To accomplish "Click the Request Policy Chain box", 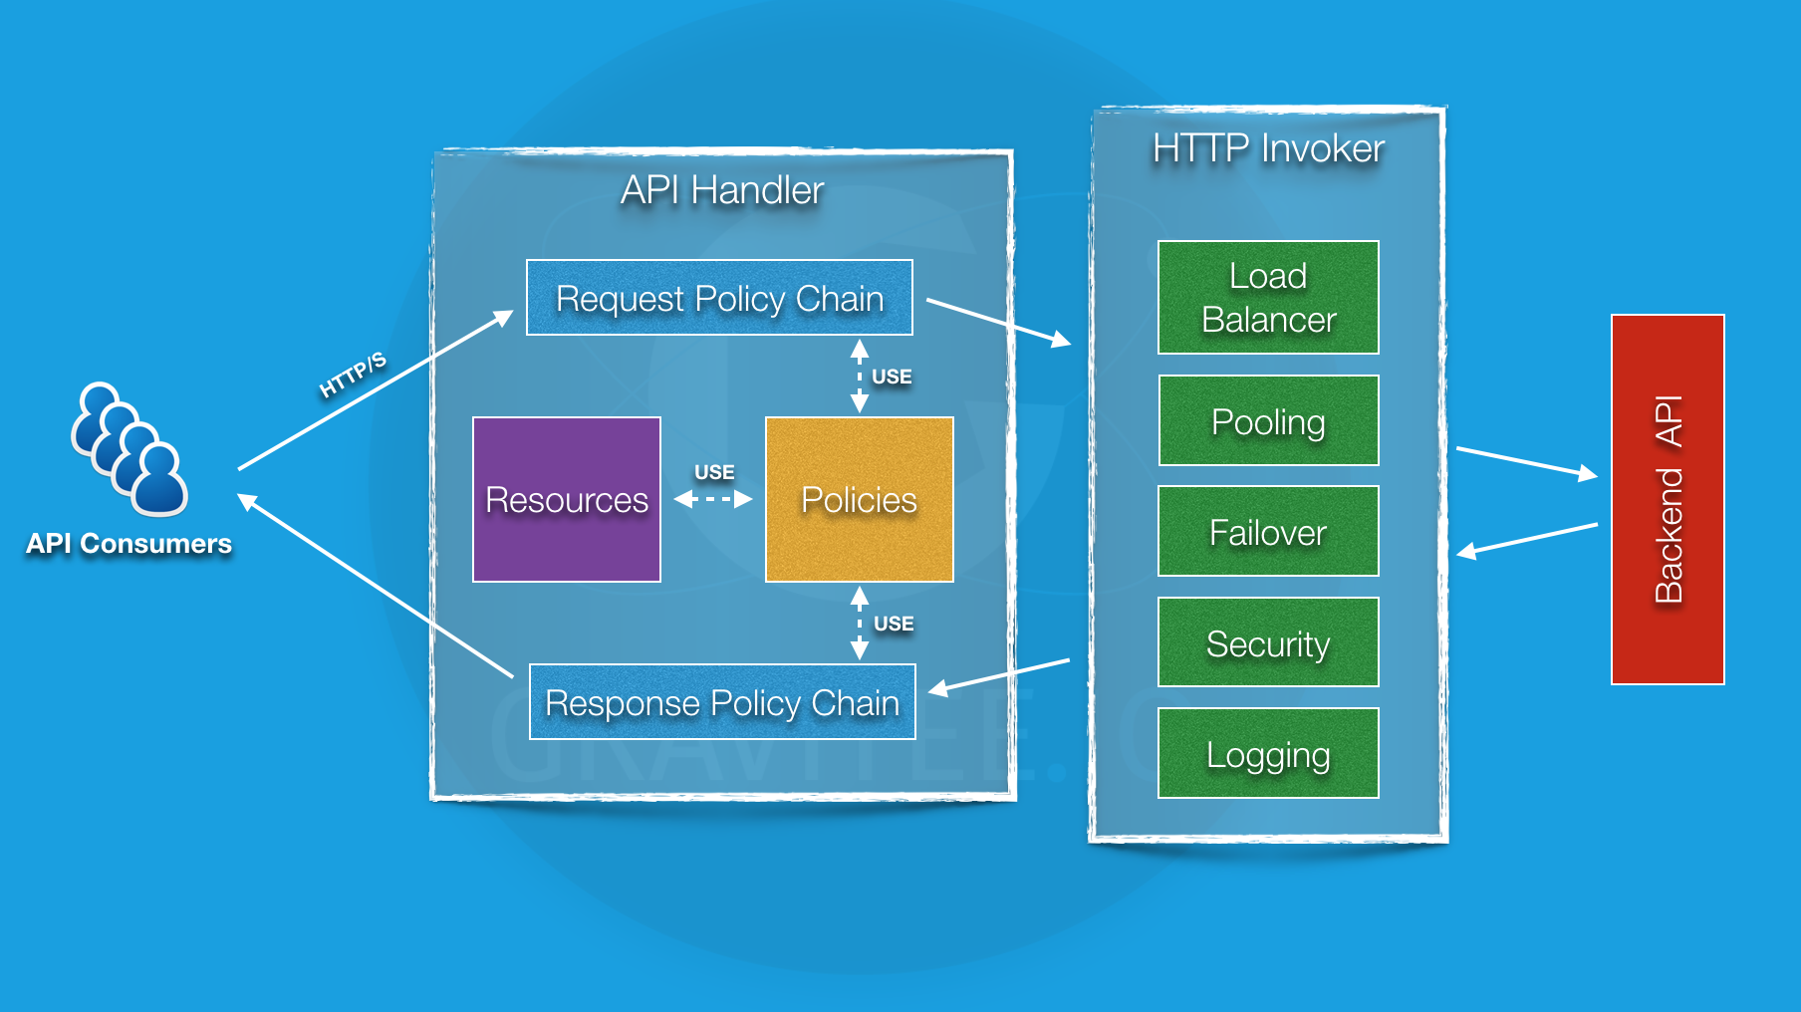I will [719, 298].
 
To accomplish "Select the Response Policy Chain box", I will [722, 702].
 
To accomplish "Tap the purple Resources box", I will [566, 499].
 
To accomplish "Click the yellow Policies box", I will [859, 499].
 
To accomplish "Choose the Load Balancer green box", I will [1268, 297].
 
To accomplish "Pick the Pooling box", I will [1268, 420].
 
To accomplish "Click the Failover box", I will [1268, 531].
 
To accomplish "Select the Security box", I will [1268, 642].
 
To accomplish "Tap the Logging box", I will [1268, 753].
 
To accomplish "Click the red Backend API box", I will [1668, 499].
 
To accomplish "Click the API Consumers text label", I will [129, 544].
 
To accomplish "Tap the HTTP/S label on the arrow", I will [353, 375].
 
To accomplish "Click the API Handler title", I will [722, 190].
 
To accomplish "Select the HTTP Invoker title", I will [1268, 148].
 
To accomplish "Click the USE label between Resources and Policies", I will [714, 472].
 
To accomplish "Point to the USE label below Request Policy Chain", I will [892, 377].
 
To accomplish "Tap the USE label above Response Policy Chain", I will [894, 624].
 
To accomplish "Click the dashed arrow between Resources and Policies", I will [713, 499].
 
